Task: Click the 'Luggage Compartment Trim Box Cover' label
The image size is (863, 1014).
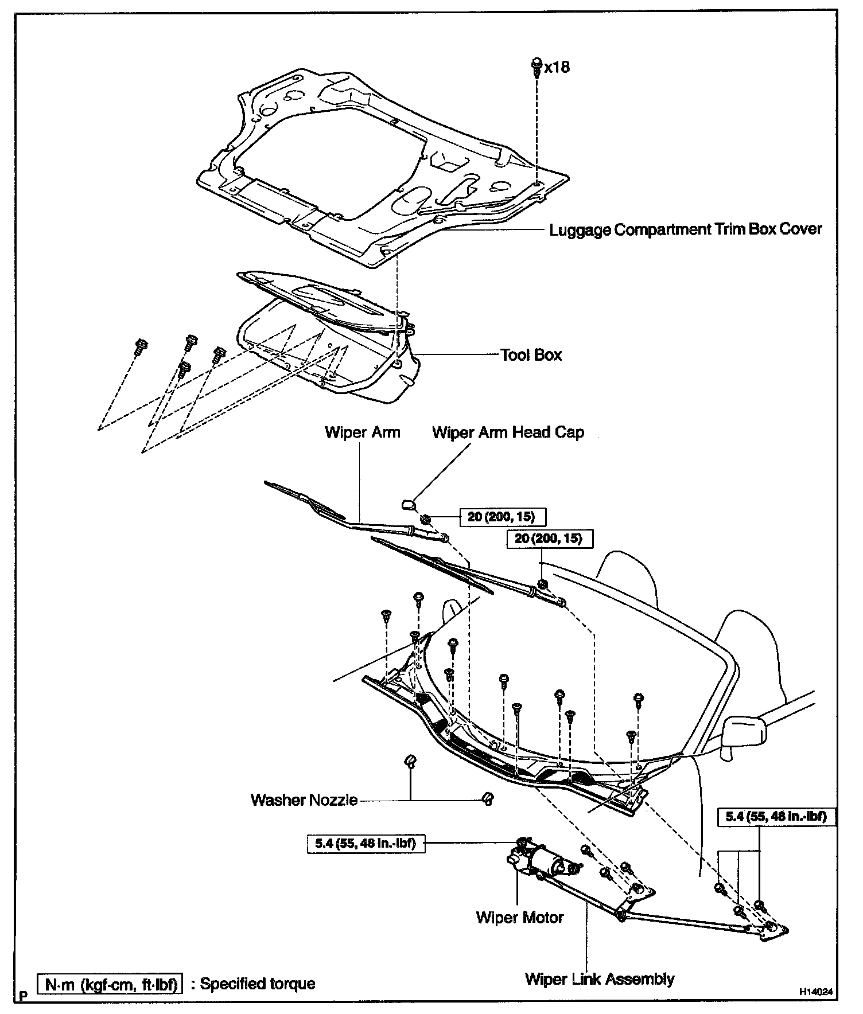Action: pos(685,229)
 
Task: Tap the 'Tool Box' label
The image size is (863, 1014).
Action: pos(531,355)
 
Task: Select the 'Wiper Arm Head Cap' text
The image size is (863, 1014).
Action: pos(508,432)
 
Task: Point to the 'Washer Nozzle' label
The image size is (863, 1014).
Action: pos(304,799)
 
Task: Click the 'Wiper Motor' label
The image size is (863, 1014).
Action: pos(520,917)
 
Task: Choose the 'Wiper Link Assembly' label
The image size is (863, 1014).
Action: pos(600,978)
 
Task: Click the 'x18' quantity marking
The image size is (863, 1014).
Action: pos(557,67)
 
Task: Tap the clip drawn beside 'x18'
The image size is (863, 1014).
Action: pos(537,67)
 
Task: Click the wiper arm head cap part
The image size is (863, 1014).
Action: pos(409,504)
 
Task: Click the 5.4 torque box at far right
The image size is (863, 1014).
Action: pos(776,816)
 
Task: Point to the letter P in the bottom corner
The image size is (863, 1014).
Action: pos(23,996)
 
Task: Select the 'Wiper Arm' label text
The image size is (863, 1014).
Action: pos(362,432)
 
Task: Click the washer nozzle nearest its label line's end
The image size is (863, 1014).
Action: pos(487,798)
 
